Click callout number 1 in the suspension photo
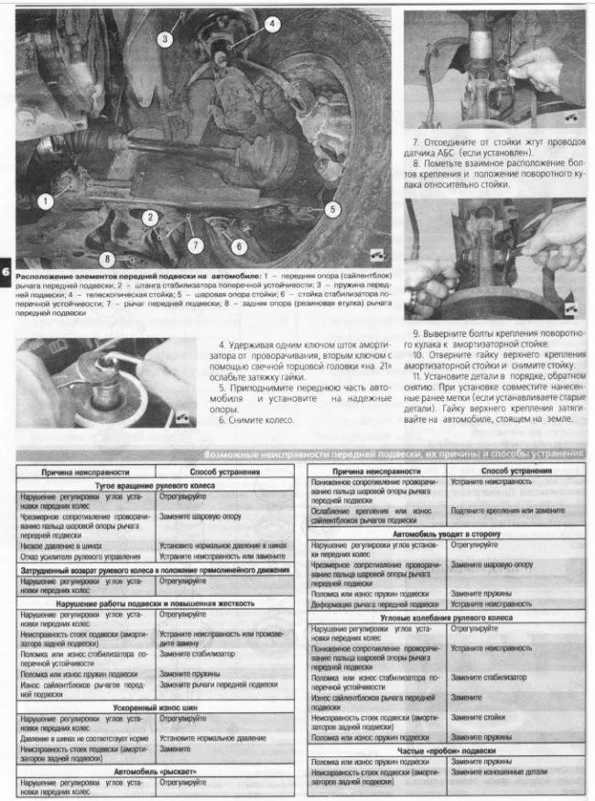[47, 199]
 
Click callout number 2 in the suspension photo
[146, 217]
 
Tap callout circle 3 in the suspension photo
[165, 38]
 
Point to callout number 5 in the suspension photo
[331, 209]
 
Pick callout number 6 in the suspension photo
[239, 245]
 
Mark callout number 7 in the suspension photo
[195, 244]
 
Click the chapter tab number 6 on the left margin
[6, 272]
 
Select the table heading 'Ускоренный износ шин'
[154, 707]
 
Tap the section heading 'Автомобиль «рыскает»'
[154, 771]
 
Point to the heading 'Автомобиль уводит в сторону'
[445, 532]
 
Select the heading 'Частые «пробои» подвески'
[445, 750]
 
